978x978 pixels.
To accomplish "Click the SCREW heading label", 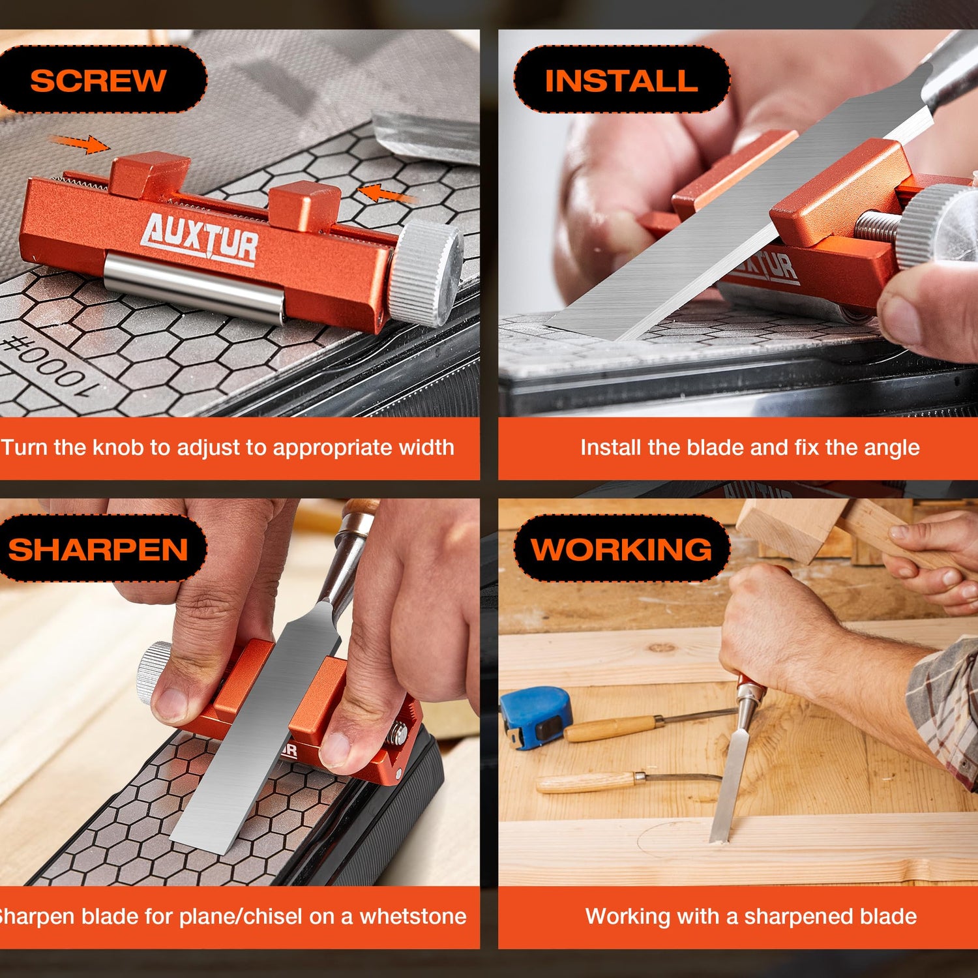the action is [x=98, y=80].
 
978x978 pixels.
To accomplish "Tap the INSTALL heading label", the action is [x=621, y=80].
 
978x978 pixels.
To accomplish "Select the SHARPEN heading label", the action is [x=98, y=549].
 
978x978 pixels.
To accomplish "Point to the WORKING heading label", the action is [x=621, y=549].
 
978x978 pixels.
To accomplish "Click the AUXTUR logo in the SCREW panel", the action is [x=200, y=239].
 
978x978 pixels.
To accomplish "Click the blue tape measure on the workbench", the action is [x=535, y=717].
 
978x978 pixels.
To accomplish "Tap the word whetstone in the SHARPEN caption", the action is [x=413, y=916].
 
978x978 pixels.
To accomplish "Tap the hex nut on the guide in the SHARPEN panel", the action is [x=398, y=733].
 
